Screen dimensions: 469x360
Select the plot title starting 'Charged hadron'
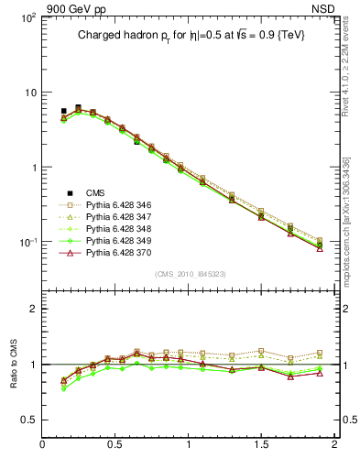pos(191,35)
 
